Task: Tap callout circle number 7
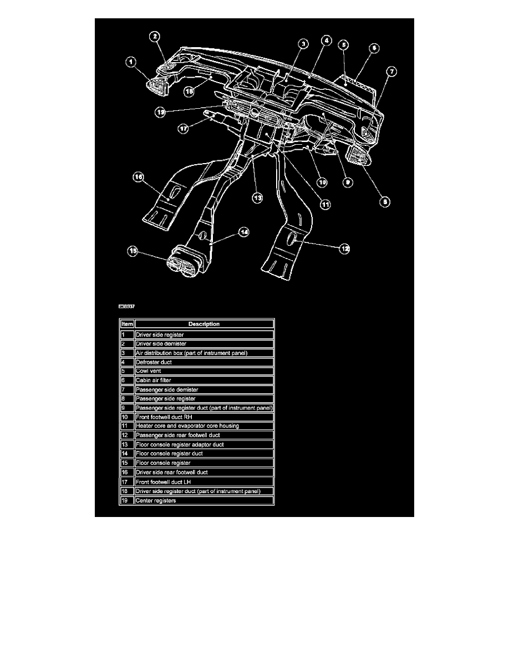point(392,72)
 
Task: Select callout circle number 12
point(345,250)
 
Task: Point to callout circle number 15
point(133,251)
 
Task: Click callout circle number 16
point(138,177)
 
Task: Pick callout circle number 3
point(303,43)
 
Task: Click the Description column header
point(203,324)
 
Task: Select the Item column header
point(126,324)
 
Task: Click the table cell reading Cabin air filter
point(203,381)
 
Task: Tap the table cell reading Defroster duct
point(203,362)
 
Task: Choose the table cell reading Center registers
point(203,500)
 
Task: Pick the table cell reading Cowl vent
point(203,371)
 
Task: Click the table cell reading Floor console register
point(203,463)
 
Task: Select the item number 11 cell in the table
point(126,425)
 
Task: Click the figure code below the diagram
point(126,306)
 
